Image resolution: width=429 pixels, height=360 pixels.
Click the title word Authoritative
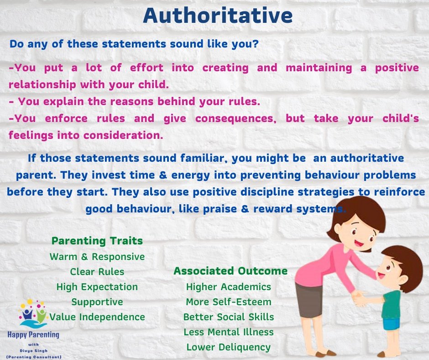[218, 16]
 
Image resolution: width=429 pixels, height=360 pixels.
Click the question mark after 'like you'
[256, 44]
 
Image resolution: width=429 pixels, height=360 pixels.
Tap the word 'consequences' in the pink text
[236, 119]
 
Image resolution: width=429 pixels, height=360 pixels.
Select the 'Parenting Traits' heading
[97, 241]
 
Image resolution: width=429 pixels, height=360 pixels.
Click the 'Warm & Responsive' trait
[97, 257]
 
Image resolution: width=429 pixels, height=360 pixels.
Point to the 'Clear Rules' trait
[97, 272]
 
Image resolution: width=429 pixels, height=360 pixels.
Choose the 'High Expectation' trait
[97, 287]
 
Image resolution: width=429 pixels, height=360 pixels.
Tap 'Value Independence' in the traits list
[97, 317]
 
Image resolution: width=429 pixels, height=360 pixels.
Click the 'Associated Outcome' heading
[230, 271]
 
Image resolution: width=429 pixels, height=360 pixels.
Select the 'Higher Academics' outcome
[229, 287]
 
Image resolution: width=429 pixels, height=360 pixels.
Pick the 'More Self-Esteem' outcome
[229, 302]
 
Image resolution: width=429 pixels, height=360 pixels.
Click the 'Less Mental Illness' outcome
[229, 332]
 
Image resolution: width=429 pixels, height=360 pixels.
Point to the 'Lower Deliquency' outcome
[229, 347]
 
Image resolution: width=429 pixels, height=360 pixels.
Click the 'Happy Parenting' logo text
[33, 335]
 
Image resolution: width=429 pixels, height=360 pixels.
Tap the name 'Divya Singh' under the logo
[33, 351]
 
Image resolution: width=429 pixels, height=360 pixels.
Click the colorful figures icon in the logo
[33, 314]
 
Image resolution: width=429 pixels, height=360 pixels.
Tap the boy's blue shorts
[391, 324]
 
